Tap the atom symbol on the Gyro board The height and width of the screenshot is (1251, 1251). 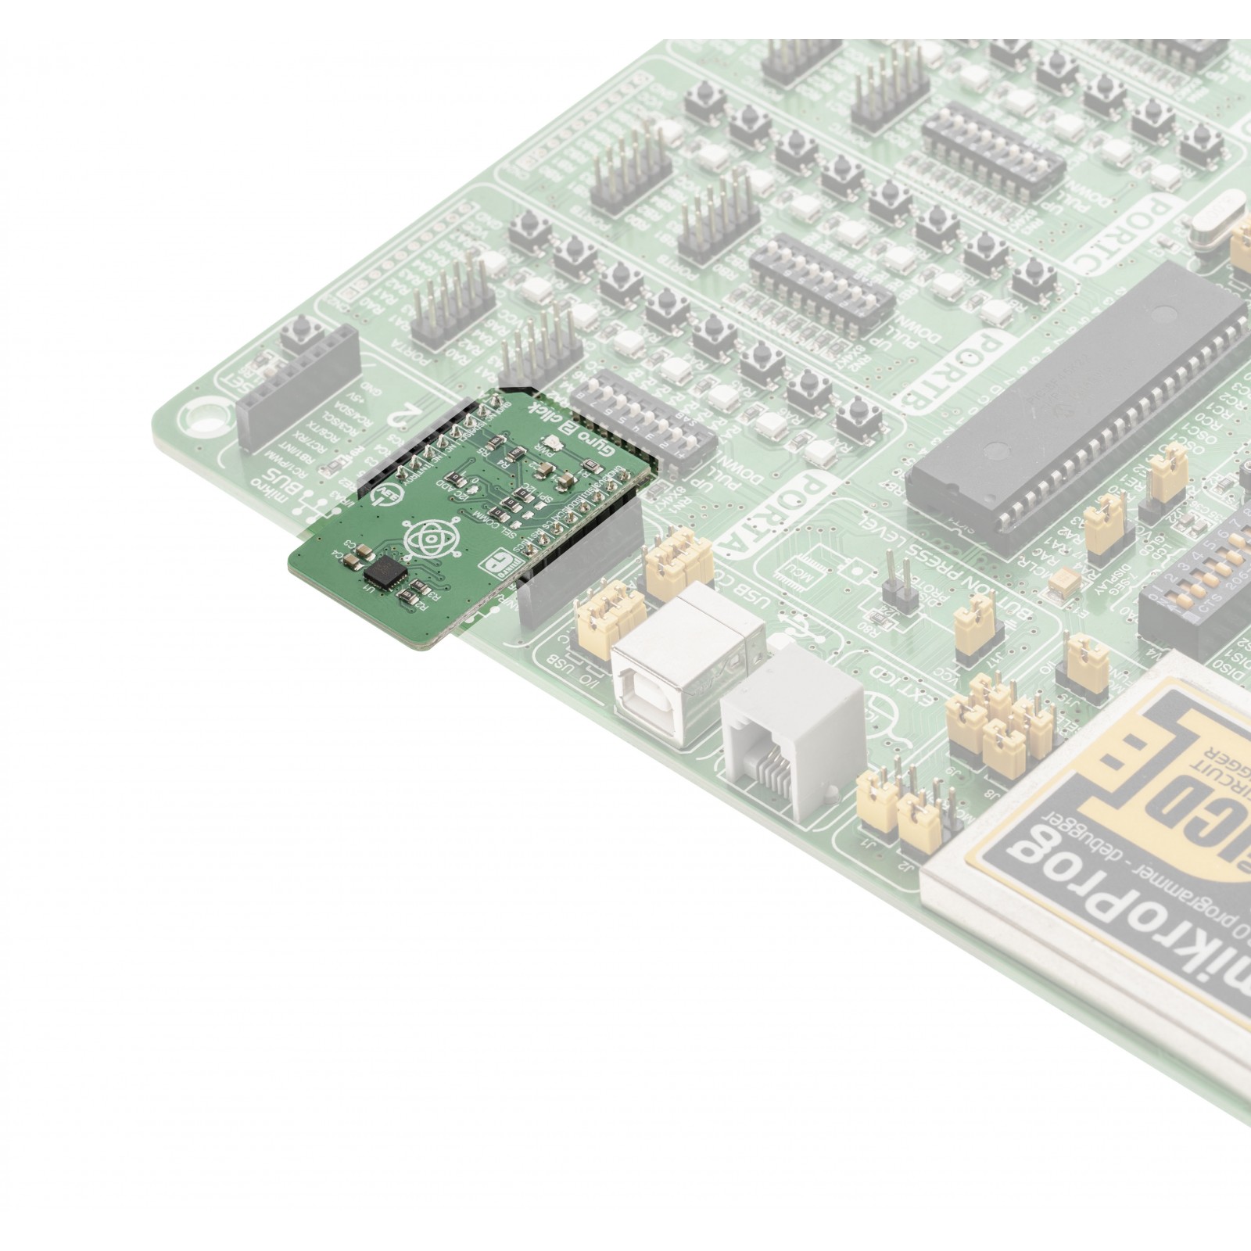coord(422,537)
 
